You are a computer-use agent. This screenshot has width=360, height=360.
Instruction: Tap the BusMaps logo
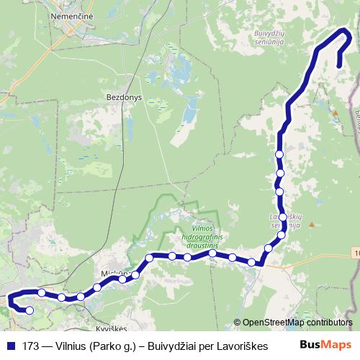pyautogui.click(x=325, y=345)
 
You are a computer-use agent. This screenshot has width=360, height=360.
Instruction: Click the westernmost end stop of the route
pyautogui.click(x=30, y=310)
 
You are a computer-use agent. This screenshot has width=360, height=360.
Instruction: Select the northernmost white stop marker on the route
pyautogui.click(x=279, y=154)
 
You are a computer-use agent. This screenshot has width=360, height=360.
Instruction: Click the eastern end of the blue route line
pyautogui.click(x=339, y=66)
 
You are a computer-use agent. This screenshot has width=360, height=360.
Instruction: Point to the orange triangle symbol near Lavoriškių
pyautogui.click(x=312, y=224)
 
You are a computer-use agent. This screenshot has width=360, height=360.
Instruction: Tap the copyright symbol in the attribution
pyautogui.click(x=238, y=323)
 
